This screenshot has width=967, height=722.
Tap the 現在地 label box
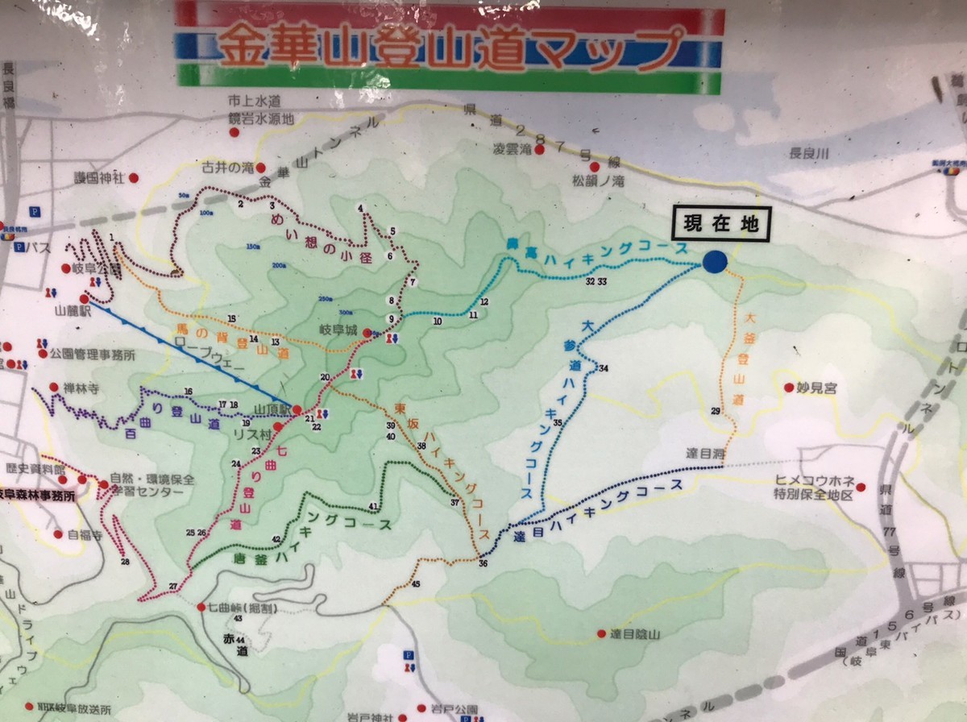(x=721, y=225)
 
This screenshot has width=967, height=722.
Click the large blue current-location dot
(x=715, y=261)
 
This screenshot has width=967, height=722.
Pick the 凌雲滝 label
(x=513, y=149)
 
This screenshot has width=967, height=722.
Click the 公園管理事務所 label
(x=91, y=354)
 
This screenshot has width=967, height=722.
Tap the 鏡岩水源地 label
(x=261, y=118)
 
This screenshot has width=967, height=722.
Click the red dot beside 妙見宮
(x=789, y=388)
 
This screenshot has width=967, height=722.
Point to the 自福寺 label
(x=85, y=534)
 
